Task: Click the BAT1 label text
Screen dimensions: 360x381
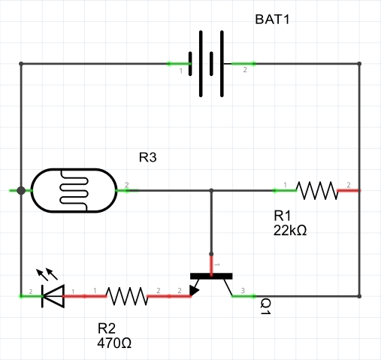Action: click(x=271, y=20)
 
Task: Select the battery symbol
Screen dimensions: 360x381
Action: click(x=212, y=64)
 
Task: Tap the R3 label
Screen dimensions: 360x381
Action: click(x=148, y=158)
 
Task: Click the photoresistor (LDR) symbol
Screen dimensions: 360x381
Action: click(x=74, y=191)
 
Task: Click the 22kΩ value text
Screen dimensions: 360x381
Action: click(x=291, y=230)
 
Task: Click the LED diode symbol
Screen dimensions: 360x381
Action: click(x=53, y=296)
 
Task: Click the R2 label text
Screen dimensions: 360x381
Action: click(x=107, y=329)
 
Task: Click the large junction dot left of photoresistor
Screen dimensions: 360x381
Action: click(x=21, y=191)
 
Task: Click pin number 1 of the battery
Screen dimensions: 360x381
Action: click(x=180, y=70)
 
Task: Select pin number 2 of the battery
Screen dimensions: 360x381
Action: click(x=244, y=70)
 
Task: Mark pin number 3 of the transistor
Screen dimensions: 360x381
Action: click(x=242, y=291)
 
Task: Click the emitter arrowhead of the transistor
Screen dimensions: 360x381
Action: click(x=195, y=290)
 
